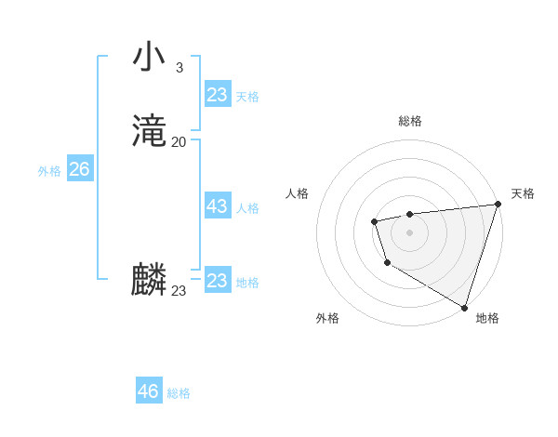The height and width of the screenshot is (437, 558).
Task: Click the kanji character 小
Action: pyautogui.click(x=148, y=57)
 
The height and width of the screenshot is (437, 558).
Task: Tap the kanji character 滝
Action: pyautogui.click(x=149, y=129)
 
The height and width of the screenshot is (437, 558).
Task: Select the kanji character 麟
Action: pyautogui.click(x=149, y=279)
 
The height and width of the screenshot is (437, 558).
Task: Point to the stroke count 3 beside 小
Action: pyautogui.click(x=179, y=67)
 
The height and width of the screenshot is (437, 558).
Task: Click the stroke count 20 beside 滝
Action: pyautogui.click(x=179, y=141)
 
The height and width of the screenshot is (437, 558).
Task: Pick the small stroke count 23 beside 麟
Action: pyautogui.click(x=179, y=291)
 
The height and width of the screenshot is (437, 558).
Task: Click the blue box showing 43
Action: pyautogui.click(x=217, y=206)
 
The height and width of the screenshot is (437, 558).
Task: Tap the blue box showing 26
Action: pyautogui.click(x=79, y=169)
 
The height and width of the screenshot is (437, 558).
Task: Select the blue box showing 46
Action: pyautogui.click(x=148, y=391)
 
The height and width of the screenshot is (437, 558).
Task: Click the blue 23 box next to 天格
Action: pyautogui.click(x=217, y=95)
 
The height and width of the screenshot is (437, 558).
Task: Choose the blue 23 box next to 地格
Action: pyautogui.click(x=217, y=281)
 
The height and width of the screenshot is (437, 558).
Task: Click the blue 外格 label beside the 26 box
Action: pyautogui.click(x=49, y=171)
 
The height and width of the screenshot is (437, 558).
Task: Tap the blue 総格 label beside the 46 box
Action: pyautogui.click(x=179, y=393)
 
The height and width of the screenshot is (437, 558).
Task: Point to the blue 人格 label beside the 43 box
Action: pyautogui.click(x=247, y=208)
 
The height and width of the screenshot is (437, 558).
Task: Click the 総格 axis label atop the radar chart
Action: pyautogui.click(x=409, y=121)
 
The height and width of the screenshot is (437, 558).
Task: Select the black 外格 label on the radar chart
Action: pyautogui.click(x=326, y=318)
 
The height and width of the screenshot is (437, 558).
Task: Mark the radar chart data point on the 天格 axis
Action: pyautogui.click(x=498, y=205)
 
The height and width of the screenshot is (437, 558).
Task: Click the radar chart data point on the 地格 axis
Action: pyautogui.click(x=464, y=306)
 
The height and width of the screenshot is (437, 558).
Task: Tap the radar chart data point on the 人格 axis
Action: pyautogui.click(x=374, y=221)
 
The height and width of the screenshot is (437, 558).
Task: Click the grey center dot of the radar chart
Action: pyautogui.click(x=409, y=232)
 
